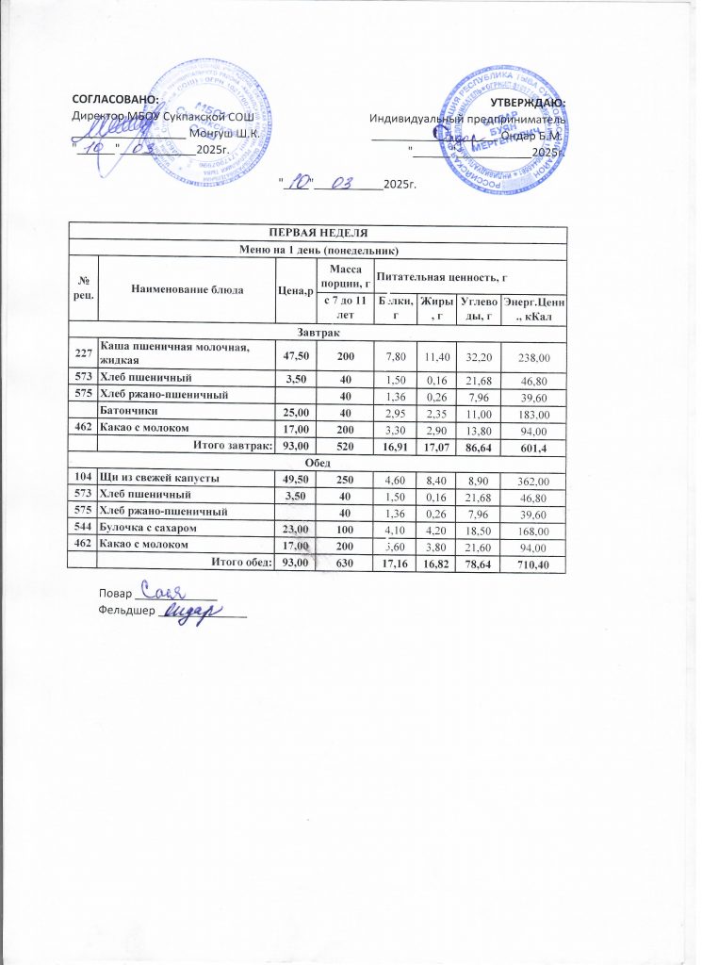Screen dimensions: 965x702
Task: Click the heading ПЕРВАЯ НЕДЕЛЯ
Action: (318, 233)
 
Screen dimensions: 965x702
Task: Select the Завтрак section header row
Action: (318, 334)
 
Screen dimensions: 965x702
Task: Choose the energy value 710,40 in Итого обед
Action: (533, 564)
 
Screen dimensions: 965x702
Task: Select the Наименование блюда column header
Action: (187, 287)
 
